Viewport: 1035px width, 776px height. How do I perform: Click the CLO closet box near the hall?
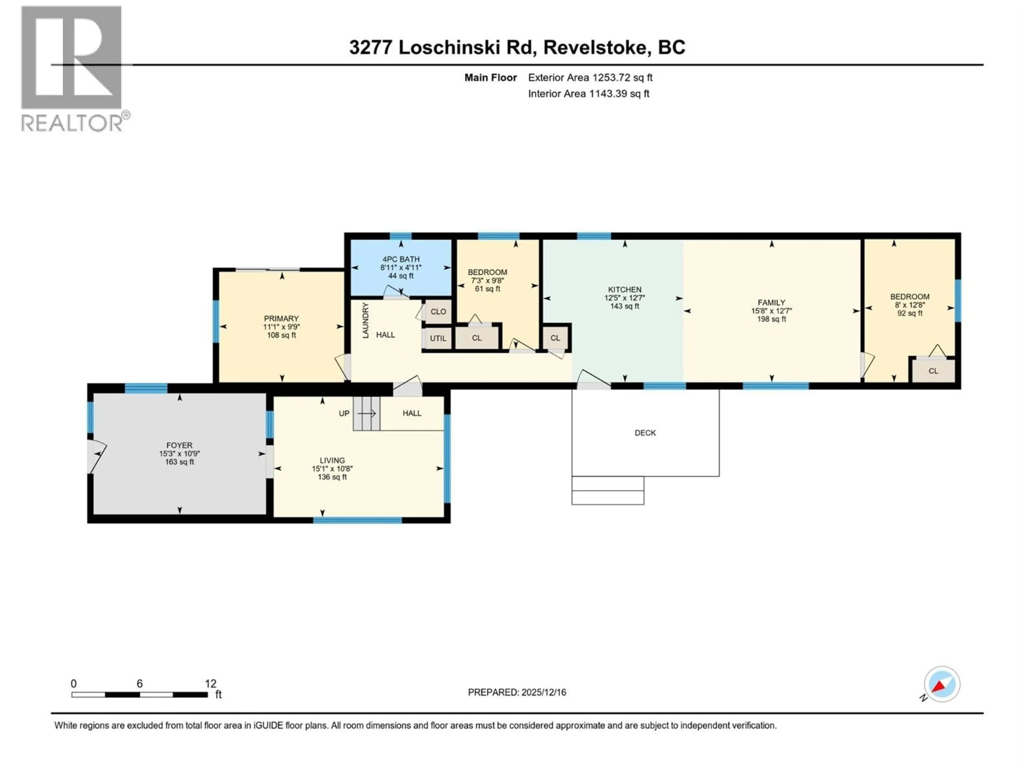[438, 311]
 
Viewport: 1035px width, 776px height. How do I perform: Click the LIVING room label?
[332, 460]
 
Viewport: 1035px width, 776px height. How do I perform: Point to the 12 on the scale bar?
[211, 683]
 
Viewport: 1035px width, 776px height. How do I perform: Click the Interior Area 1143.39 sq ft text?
[589, 93]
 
